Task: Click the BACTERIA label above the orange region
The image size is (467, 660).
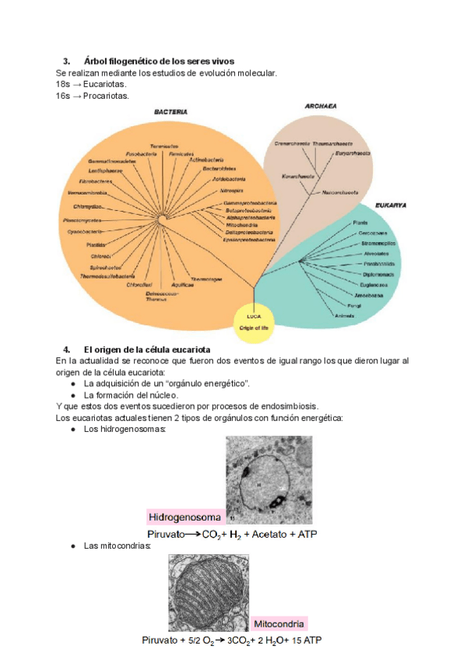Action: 170,112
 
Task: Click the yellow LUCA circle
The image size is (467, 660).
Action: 254,321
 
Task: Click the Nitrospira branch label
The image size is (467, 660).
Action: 232,190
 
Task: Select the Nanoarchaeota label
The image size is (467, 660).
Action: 340,191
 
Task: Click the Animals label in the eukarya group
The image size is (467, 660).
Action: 345,316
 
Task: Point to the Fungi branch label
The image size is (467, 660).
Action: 354,307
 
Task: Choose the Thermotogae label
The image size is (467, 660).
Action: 206,279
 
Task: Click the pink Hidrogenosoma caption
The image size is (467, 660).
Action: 185,517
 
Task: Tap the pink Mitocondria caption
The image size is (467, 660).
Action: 279,623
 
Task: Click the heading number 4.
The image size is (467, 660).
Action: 66,349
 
